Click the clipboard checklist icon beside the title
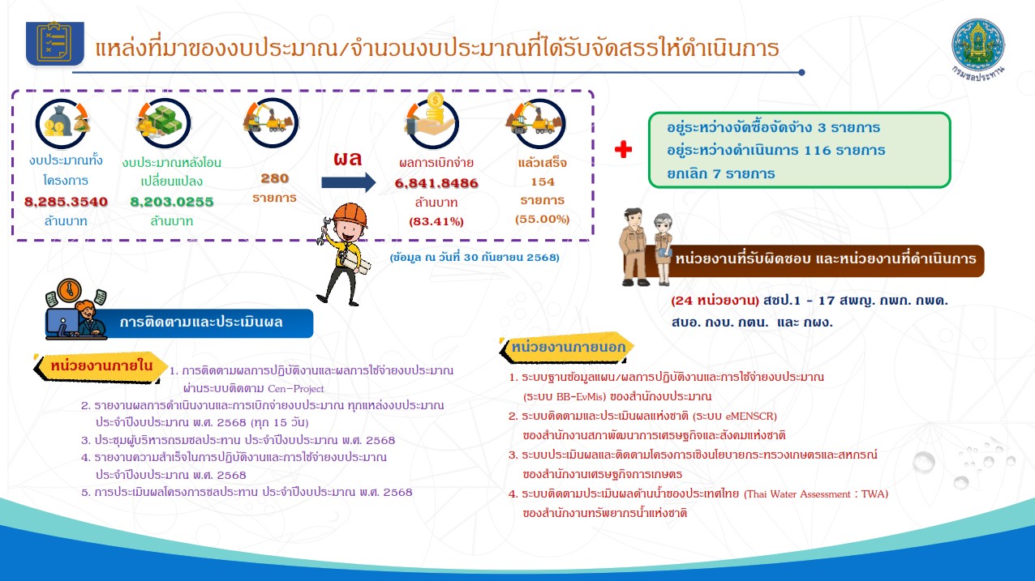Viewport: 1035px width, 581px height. click(x=55, y=43)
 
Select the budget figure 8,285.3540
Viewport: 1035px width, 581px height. click(x=66, y=202)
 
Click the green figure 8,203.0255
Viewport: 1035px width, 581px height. click(x=171, y=202)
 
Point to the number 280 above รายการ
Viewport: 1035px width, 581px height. click(x=274, y=178)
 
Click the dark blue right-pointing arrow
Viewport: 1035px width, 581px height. click(x=349, y=182)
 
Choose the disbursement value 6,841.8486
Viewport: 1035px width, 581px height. click(x=436, y=183)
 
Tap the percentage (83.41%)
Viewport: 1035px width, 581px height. click(x=436, y=221)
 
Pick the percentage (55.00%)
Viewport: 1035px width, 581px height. click(x=543, y=219)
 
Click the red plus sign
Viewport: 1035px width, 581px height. click(x=623, y=149)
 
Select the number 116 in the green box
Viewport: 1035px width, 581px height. click(x=818, y=151)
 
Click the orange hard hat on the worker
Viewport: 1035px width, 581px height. click(x=350, y=215)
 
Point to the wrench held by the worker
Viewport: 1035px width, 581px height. click(x=324, y=230)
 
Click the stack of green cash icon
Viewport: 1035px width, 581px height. click(x=163, y=122)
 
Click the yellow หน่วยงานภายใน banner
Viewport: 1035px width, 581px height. click(x=99, y=367)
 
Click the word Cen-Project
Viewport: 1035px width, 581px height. click(x=296, y=389)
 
